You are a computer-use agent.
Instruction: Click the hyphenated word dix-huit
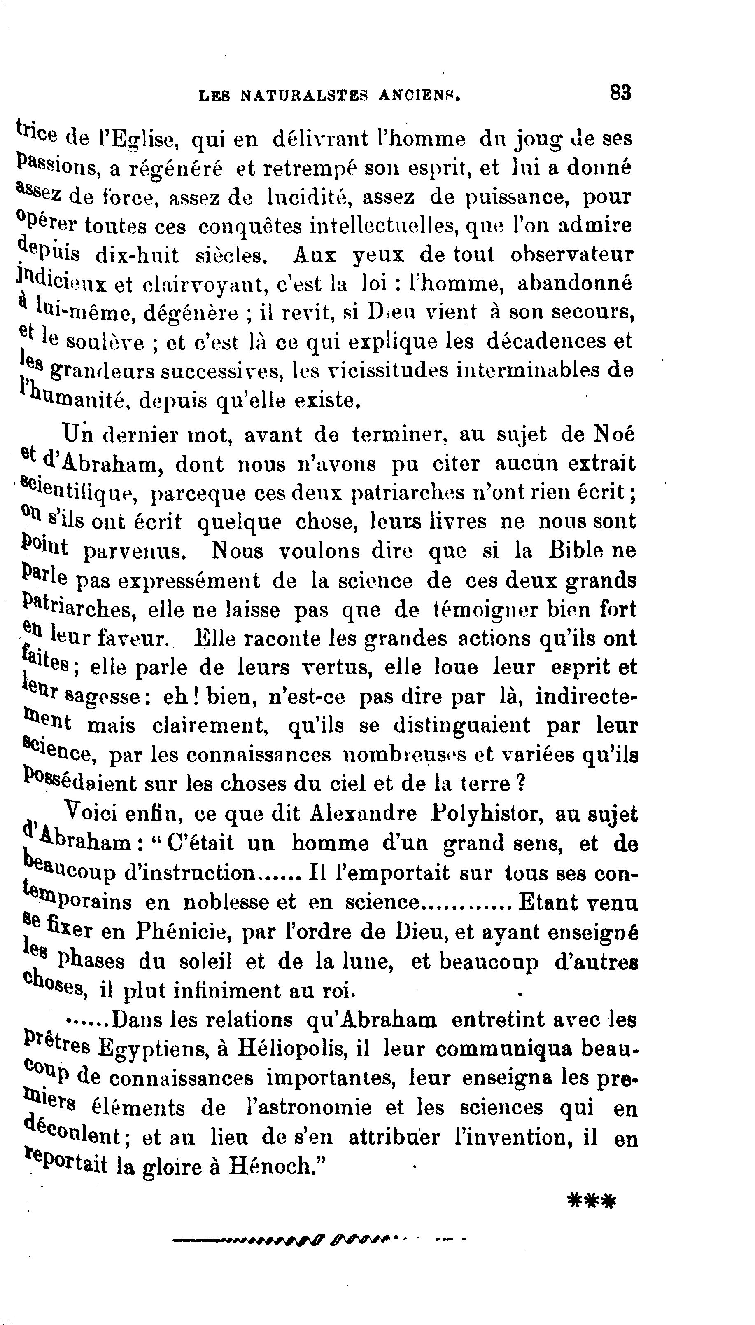tap(137, 255)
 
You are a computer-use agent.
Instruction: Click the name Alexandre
tap(363, 813)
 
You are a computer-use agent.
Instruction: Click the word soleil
tap(205, 961)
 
